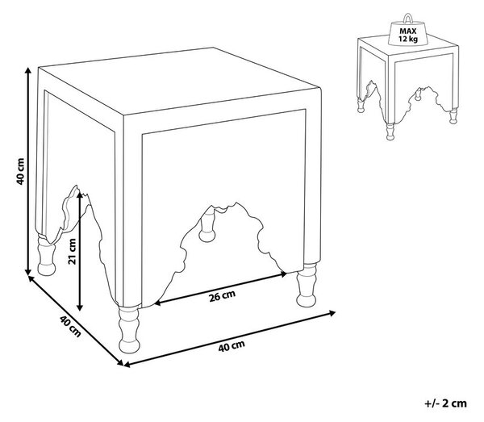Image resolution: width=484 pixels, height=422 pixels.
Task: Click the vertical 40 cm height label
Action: tap(20, 171)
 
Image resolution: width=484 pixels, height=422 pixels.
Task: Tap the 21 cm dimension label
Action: tap(72, 251)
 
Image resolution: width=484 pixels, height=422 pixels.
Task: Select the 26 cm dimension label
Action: tap(222, 296)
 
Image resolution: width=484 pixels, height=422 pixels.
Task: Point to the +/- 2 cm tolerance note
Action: tap(445, 403)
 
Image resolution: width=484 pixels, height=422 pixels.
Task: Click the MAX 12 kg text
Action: tap(407, 35)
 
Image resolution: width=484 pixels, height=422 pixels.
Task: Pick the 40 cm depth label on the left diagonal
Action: tap(71, 326)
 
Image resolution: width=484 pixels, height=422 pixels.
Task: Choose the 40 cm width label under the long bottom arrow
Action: tap(232, 346)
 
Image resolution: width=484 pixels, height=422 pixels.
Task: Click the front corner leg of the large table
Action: tap(129, 329)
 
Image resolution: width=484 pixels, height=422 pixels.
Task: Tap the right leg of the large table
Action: tap(307, 285)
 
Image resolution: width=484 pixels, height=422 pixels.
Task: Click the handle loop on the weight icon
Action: tap(407, 18)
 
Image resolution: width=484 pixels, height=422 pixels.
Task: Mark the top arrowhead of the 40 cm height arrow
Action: tap(28, 69)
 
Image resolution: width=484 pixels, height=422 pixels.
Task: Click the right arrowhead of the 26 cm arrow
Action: tap(283, 274)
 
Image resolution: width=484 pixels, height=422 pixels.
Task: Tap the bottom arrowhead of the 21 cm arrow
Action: tap(80, 307)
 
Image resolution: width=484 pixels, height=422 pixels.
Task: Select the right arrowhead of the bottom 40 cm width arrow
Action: tap(332, 313)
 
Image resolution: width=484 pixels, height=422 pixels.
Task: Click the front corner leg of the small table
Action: tap(390, 132)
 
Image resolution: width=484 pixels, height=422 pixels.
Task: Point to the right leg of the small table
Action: tap(453, 116)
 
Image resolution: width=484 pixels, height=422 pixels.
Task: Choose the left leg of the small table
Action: tap(361, 105)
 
